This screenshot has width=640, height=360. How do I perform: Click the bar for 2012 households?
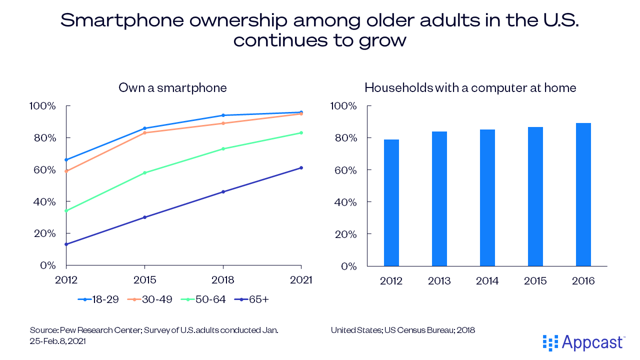[391, 202]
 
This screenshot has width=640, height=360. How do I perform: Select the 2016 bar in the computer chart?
[583, 194]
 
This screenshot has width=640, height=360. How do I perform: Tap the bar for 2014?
[487, 197]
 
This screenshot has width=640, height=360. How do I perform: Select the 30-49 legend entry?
[152, 299]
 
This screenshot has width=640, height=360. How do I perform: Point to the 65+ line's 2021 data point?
[301, 167]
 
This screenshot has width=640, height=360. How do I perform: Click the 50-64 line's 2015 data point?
[144, 173]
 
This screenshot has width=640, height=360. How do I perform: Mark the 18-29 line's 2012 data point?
[66, 160]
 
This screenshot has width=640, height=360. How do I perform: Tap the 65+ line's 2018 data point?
[223, 191]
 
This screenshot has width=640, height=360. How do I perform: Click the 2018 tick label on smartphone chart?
[223, 280]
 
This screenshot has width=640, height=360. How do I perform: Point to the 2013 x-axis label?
[439, 281]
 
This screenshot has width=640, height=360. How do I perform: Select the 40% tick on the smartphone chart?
[44, 201]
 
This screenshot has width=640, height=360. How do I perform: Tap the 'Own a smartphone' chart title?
[172, 88]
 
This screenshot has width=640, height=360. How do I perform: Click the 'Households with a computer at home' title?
[470, 88]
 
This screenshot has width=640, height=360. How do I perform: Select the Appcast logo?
[583, 343]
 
